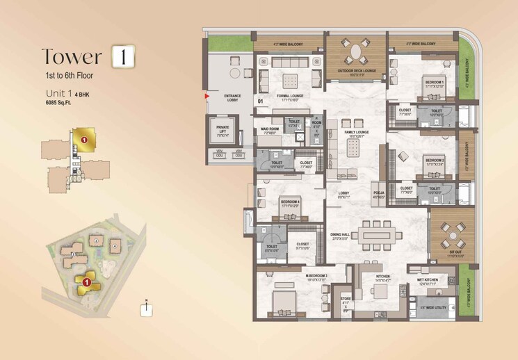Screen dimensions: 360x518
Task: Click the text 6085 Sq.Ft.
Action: (58, 102)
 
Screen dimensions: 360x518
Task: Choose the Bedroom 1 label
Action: (435, 83)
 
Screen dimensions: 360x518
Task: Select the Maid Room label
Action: (270, 129)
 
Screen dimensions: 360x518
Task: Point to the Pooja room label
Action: (379, 194)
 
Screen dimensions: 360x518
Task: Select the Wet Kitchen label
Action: (428, 282)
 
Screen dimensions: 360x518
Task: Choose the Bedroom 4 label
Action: (290, 203)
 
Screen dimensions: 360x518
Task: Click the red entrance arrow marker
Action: (206, 98)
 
